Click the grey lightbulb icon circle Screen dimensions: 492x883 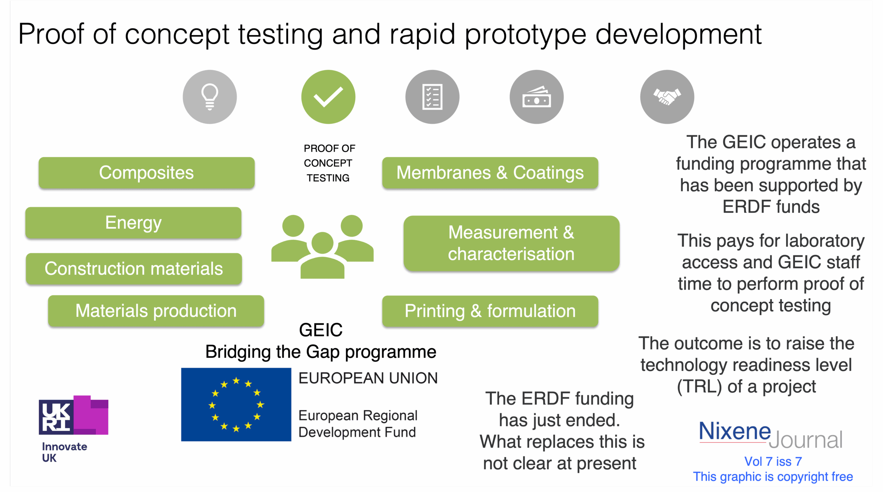click(210, 97)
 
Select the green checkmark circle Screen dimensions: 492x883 click(328, 97)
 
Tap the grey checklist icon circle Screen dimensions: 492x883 click(432, 97)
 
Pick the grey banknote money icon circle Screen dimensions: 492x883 click(536, 97)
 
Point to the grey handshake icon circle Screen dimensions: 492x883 click(667, 97)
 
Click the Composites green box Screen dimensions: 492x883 click(147, 173)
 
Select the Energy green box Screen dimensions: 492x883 click(133, 223)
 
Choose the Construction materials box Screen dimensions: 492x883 click(134, 269)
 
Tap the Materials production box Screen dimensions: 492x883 click(156, 311)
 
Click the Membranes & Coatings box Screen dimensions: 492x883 click(490, 173)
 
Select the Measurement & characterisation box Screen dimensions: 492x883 click(511, 243)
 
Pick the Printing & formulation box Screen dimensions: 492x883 click(490, 311)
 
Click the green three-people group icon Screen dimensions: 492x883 click(322, 246)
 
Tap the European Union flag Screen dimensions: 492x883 click(236, 404)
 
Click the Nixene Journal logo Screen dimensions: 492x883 click(771, 435)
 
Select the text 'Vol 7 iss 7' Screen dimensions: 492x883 click(773, 461)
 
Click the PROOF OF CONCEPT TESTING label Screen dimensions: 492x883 click(329, 163)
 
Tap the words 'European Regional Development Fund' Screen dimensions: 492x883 click(358, 424)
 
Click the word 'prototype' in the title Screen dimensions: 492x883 click(525, 34)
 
